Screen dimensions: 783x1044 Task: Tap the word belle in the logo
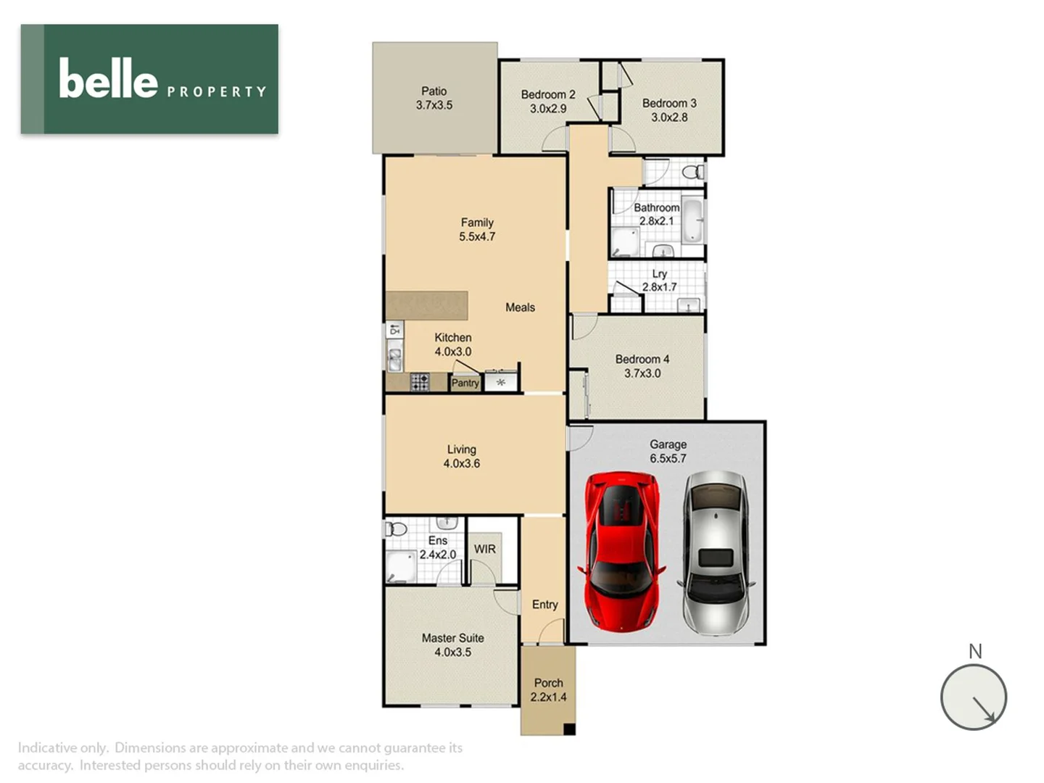(108, 79)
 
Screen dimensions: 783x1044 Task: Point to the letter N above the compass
(975, 651)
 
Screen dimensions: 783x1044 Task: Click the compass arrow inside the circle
(983, 708)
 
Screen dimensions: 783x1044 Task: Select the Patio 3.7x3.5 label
(434, 98)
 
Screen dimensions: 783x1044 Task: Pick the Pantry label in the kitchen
(465, 383)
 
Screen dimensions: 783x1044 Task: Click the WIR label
(485, 549)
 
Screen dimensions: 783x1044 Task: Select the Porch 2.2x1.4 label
(548, 689)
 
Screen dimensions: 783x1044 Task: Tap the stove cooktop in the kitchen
(420, 382)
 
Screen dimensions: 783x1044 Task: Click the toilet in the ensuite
(395, 529)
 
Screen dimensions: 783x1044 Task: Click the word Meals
(520, 307)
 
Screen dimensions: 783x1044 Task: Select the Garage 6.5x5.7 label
(668, 451)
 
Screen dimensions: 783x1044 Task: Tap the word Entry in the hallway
(544, 604)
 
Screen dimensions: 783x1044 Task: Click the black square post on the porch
(569, 729)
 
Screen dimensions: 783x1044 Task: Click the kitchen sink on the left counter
(395, 357)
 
